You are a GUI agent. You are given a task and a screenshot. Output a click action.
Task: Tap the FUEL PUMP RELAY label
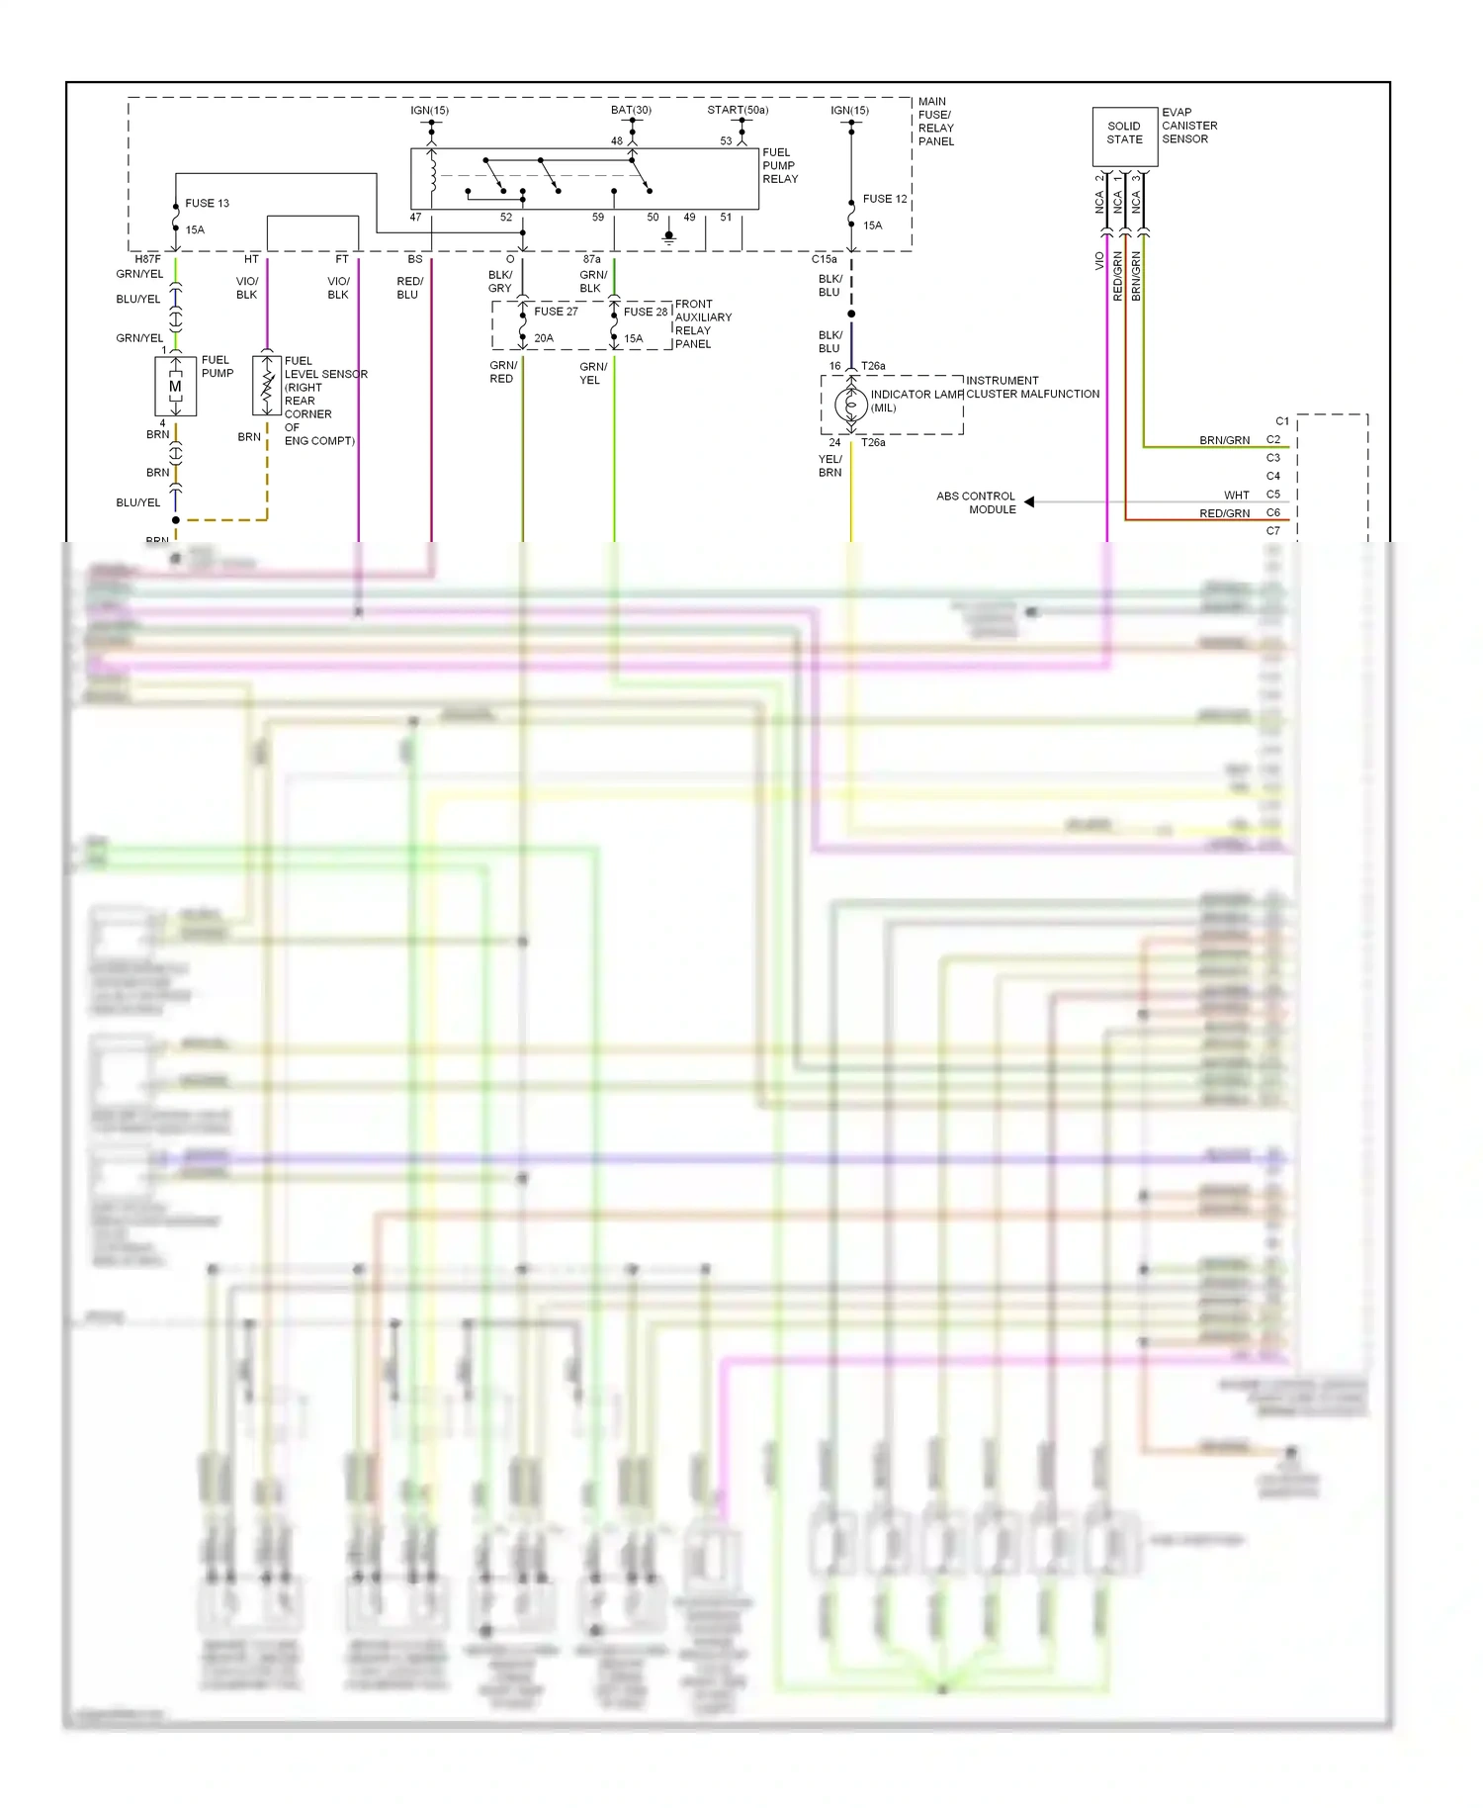[779, 166]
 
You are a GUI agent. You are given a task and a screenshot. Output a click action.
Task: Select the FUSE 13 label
[207, 204]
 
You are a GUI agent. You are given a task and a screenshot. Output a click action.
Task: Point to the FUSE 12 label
[884, 200]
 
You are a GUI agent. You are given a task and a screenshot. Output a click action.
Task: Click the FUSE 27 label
[556, 312]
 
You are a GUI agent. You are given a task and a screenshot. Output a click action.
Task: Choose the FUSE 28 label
[645, 313]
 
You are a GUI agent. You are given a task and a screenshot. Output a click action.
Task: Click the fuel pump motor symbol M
[175, 387]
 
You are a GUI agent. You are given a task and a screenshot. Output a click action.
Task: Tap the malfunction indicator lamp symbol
[850, 405]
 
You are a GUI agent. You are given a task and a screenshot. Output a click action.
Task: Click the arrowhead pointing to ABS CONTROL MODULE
[1029, 502]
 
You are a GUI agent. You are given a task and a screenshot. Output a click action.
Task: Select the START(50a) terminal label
[738, 110]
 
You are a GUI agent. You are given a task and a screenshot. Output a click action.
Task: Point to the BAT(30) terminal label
[631, 110]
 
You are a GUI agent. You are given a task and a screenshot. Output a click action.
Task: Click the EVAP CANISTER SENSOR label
[1188, 127]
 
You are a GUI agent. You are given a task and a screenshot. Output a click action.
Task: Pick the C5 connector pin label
[1273, 495]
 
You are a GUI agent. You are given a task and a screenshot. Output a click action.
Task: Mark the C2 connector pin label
[1273, 440]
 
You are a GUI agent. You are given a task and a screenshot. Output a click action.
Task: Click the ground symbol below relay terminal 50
[668, 237]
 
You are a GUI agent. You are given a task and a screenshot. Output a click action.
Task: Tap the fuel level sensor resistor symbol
[266, 386]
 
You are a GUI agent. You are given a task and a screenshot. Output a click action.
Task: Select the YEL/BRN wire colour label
[830, 467]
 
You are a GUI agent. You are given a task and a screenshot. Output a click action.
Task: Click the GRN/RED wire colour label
[502, 373]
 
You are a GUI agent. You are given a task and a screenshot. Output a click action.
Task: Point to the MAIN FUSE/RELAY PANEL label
[935, 122]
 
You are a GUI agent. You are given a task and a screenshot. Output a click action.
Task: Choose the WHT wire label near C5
[1236, 496]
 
